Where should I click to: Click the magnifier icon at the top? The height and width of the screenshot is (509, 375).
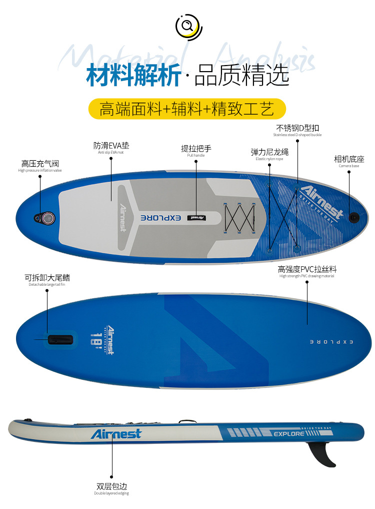click(187, 26)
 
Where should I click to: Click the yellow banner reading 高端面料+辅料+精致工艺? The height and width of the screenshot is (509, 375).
click(187, 109)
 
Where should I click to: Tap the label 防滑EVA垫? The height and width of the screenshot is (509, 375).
click(111, 146)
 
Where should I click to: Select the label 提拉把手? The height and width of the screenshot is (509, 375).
click(196, 149)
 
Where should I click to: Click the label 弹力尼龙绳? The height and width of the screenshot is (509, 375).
click(269, 152)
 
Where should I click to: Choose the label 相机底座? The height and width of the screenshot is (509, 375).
click(349, 159)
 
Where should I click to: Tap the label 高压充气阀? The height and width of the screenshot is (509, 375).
click(40, 164)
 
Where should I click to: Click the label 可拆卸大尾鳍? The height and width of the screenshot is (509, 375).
click(47, 278)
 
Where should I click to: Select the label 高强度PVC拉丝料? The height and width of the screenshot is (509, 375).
click(307, 269)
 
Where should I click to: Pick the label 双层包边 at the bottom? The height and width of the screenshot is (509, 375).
click(112, 486)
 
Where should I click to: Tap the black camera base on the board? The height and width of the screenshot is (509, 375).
click(354, 217)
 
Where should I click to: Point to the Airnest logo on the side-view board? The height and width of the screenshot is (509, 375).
click(116, 433)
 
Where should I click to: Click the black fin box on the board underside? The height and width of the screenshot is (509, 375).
click(60, 339)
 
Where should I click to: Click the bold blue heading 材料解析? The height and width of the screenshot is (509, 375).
click(133, 75)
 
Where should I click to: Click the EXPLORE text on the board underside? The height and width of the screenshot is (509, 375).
click(331, 341)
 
